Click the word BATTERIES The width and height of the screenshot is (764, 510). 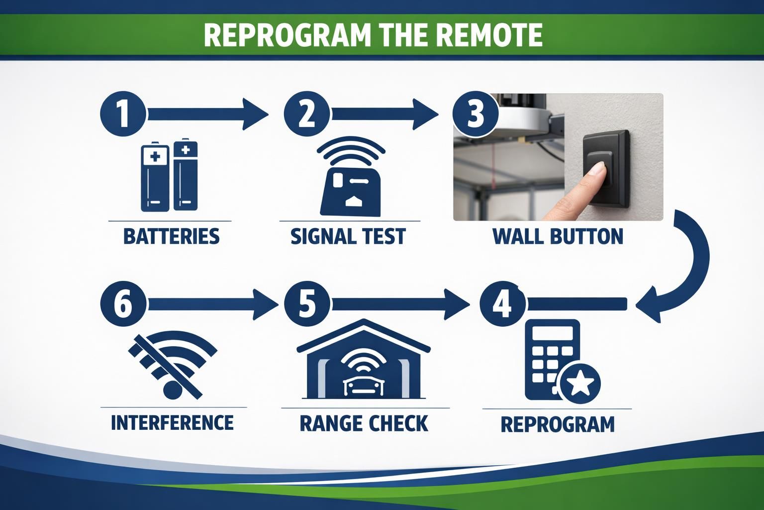pyautogui.click(x=171, y=236)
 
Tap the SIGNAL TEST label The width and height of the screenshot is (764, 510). pyautogui.click(x=348, y=236)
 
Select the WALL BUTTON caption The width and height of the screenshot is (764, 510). pyautogui.click(x=558, y=236)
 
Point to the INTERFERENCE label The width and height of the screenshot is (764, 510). pyautogui.click(x=172, y=422)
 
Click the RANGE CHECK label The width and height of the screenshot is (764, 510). pyautogui.click(x=364, y=423)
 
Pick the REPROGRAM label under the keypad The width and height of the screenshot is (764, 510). pyautogui.click(x=558, y=424)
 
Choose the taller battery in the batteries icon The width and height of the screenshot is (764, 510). pyautogui.click(x=185, y=174)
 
